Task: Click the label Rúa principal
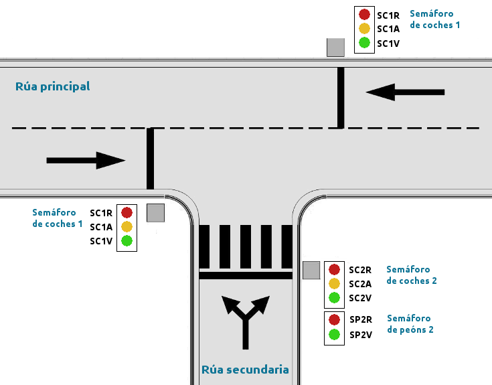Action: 52,86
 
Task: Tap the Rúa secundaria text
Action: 245,370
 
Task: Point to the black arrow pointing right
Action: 86,160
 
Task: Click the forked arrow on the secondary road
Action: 247,320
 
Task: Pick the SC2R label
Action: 359,270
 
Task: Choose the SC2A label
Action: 359,284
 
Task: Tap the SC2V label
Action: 359,298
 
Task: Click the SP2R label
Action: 360,320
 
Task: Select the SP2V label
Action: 360,335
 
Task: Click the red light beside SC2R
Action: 335,270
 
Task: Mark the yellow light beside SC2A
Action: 335,284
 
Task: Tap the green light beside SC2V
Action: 335,298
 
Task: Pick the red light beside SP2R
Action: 335,320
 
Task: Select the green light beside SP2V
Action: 335,335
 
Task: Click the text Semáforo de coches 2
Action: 411,275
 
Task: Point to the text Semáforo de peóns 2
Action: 410,324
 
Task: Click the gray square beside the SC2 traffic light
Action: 311,270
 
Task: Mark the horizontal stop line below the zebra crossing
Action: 246,275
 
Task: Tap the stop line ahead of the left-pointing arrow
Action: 341,97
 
